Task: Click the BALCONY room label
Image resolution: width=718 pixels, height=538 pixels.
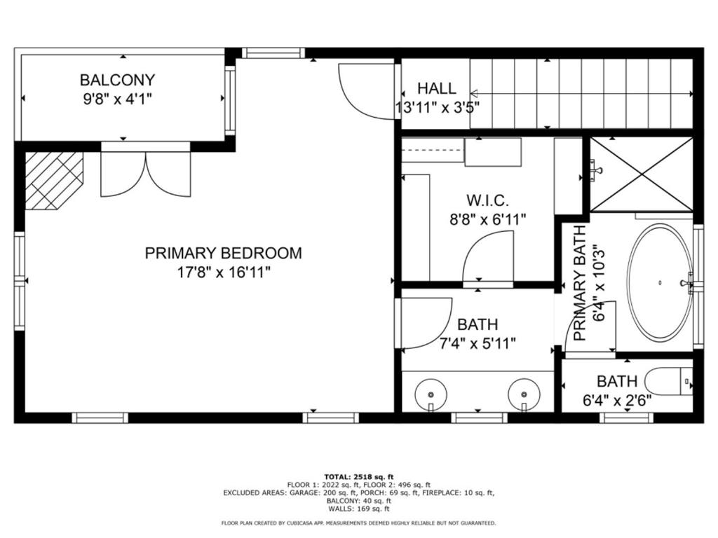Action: coord(117,80)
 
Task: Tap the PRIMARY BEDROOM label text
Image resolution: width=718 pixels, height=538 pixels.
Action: coord(223,253)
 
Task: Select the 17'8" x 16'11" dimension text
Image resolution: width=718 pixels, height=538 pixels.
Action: coord(224,272)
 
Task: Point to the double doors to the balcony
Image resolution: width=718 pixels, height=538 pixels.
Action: coord(145,174)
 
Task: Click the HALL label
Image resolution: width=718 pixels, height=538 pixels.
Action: coord(436,88)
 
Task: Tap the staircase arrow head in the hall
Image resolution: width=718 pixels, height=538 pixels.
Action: coord(474,93)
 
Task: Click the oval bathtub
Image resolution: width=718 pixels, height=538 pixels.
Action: coord(659,282)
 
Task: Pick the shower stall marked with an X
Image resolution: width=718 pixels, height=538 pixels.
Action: coord(640,174)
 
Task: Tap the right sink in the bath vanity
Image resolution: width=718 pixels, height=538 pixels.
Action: coord(523,393)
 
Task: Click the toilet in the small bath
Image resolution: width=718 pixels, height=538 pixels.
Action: coord(668,382)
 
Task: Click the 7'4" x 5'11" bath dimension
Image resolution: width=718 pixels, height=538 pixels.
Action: coord(477,343)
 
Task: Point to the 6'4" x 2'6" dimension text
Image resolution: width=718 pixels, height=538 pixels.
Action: coord(616,400)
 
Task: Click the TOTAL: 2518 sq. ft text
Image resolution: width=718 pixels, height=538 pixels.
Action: coord(358,476)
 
